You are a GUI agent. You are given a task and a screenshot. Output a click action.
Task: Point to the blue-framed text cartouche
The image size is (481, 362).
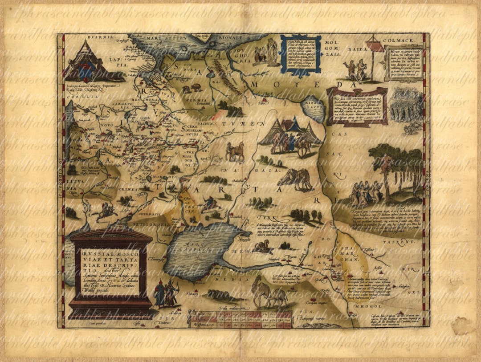coord(301,54)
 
